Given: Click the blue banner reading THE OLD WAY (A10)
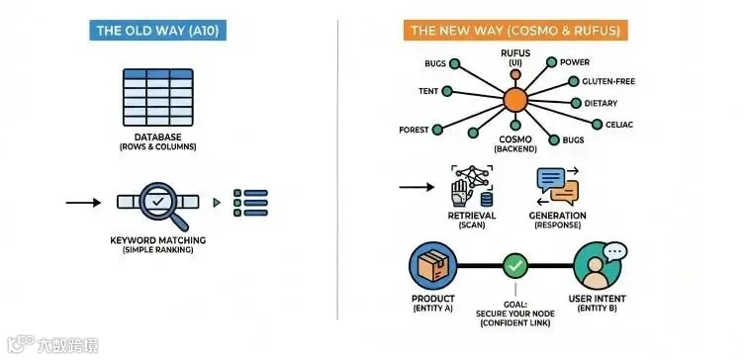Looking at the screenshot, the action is tap(157, 31).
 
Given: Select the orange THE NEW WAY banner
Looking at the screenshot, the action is tap(515, 31).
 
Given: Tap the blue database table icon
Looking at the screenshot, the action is tap(158, 97).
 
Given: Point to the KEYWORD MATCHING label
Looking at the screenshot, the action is tap(158, 240).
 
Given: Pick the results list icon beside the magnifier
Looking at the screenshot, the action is tap(251, 203).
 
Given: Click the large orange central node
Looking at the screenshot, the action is tap(515, 100).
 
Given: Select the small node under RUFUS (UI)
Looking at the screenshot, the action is tap(515, 74).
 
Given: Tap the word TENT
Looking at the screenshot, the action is tap(428, 91).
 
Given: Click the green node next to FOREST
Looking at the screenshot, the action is tap(437, 130).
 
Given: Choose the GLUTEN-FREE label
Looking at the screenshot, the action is tap(608, 81).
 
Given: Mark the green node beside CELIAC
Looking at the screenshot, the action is tap(597, 125).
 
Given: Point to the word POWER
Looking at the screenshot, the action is tap(575, 62).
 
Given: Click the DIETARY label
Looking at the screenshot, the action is tap(601, 103).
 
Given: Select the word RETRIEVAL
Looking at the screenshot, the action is tap(472, 216).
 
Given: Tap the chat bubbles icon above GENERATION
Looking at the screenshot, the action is tap(558, 186).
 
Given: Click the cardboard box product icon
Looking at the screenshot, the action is tap(432, 266).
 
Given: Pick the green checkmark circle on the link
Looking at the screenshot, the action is tap(515, 266).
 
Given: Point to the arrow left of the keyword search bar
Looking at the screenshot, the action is tap(83, 203).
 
